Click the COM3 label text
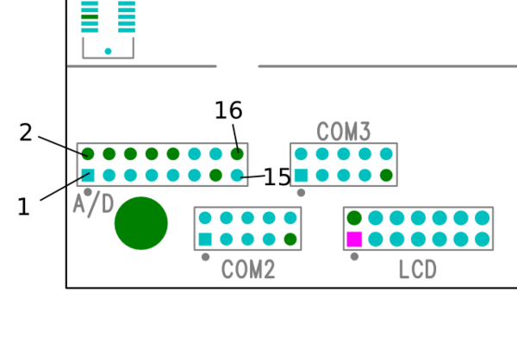click(344, 132)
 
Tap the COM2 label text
click(248, 270)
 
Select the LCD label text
click(418, 270)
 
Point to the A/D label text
click(93, 204)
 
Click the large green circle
click(141, 223)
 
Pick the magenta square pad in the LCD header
click(354, 239)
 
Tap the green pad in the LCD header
click(354, 218)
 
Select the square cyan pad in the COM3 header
click(301, 175)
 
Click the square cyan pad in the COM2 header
click(205, 239)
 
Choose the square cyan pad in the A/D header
click(88, 175)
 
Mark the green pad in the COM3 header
click(386, 175)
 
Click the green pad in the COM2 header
click(290, 239)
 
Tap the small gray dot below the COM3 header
click(301, 192)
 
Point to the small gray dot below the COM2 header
click(205, 256)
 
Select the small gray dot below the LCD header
click(354, 256)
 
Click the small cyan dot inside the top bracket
click(108, 52)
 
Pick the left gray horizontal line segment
click(142, 66)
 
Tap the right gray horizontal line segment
click(386, 66)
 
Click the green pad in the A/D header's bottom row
click(215, 175)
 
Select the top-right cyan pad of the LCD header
click(482, 218)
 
